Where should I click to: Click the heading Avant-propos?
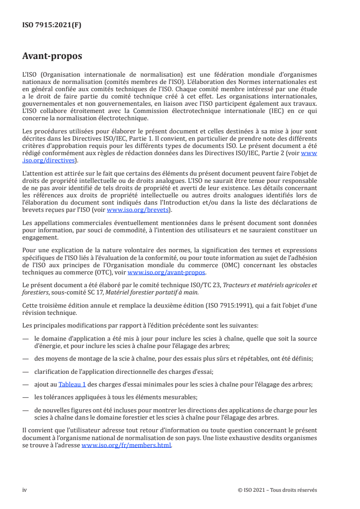point(52,56)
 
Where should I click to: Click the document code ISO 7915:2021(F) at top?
point(52,25)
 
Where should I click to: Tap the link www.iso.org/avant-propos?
point(167,273)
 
